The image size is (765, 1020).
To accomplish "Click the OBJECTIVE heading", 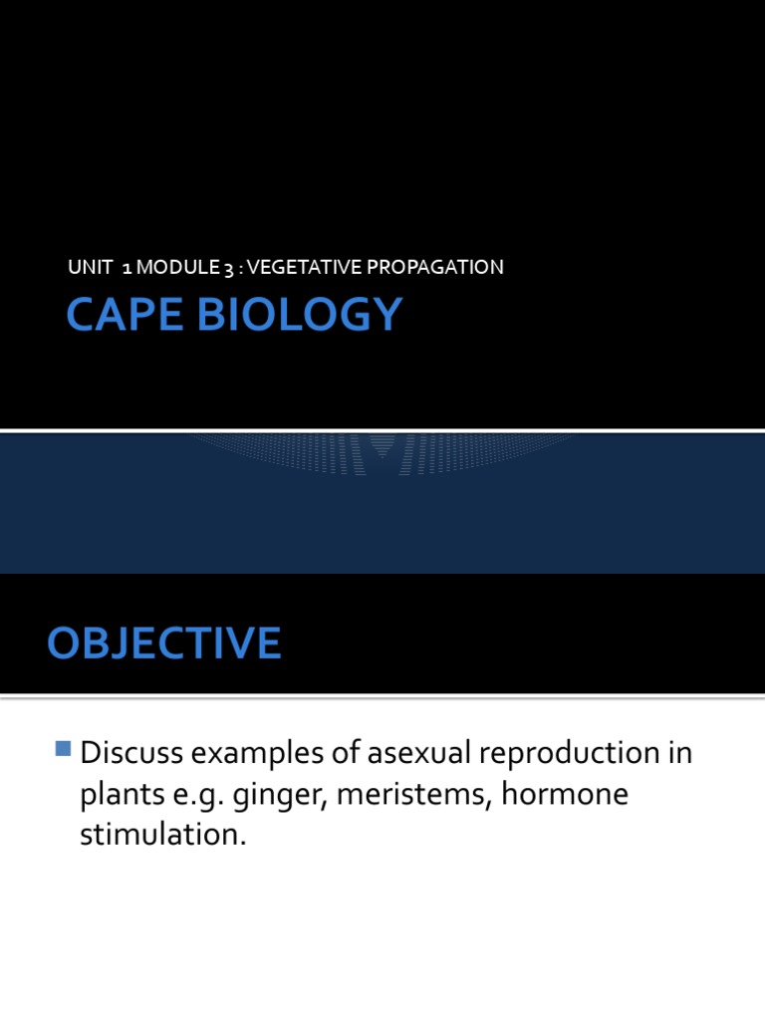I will (164, 643).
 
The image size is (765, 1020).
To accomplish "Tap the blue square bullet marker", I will (65, 748).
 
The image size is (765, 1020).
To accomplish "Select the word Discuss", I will (132, 754).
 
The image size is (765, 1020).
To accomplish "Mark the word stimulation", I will (161, 835).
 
